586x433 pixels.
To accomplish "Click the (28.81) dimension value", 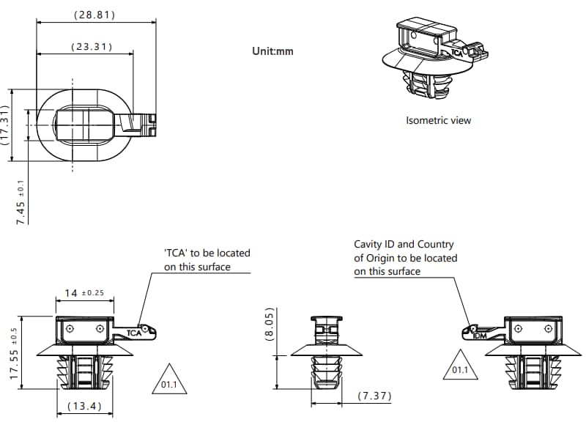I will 94,14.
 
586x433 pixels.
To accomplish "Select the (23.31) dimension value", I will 91,46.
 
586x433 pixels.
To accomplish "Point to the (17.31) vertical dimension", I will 6,124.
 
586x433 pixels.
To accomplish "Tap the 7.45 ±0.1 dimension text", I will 21,201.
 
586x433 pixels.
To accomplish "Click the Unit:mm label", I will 272,52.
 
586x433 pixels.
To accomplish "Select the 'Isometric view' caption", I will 439,120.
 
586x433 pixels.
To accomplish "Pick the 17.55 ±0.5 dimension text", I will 14,353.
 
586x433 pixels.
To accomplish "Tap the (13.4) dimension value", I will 84,405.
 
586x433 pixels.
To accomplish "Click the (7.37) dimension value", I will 374,396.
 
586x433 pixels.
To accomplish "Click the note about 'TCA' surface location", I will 207,260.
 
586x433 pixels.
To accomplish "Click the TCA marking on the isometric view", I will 457,52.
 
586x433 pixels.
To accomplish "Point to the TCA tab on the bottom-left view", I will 135,333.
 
